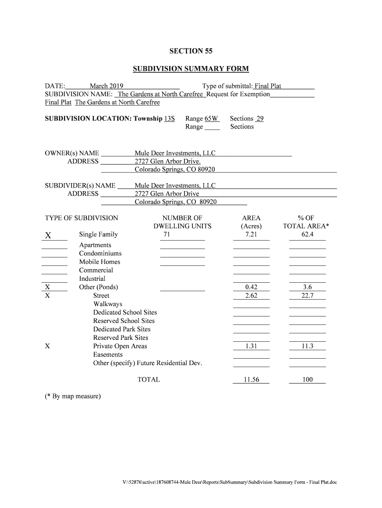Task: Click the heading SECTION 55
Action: pyautogui.click(x=191, y=51)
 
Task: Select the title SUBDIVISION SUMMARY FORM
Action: pyautogui.click(x=191, y=68)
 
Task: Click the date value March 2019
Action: pyautogui.click(x=106, y=86)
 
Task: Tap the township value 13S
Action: pyautogui.click(x=170, y=119)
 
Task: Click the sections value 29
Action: pyautogui.click(x=259, y=119)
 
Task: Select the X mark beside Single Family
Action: pyautogui.click(x=48, y=235)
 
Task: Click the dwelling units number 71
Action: pyautogui.click(x=167, y=234)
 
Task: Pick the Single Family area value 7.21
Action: pyautogui.click(x=251, y=234)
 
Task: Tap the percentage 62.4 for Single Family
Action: pyautogui.click(x=307, y=234)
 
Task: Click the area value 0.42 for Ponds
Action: pyautogui.click(x=251, y=287)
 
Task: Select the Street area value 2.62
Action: pyautogui.click(x=251, y=296)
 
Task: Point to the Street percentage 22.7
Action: pyautogui.click(x=307, y=296)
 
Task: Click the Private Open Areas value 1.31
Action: pyautogui.click(x=251, y=346)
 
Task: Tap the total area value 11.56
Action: pyautogui.click(x=251, y=380)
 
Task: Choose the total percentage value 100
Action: pyautogui.click(x=307, y=380)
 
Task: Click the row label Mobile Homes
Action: pyautogui.click(x=99, y=262)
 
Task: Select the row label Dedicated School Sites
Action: pyautogui.click(x=125, y=313)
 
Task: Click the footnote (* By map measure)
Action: pyautogui.click(x=72, y=396)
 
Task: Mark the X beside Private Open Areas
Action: pyautogui.click(x=47, y=346)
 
